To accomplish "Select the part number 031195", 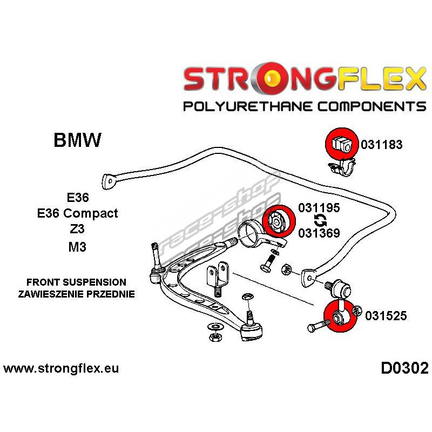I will point(319,208).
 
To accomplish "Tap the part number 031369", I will point(319,233).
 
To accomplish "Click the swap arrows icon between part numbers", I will point(319,220).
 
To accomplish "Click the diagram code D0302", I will point(404,369).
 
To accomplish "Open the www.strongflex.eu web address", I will point(61,369).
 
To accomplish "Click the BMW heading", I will point(77,141).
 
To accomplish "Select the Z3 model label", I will point(77,229).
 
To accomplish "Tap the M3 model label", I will point(77,247).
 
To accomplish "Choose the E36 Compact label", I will point(77,213).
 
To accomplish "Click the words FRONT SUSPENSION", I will point(76,282).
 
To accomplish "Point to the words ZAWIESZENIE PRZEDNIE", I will point(76,294).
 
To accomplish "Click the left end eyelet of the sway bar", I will point(110,181).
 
